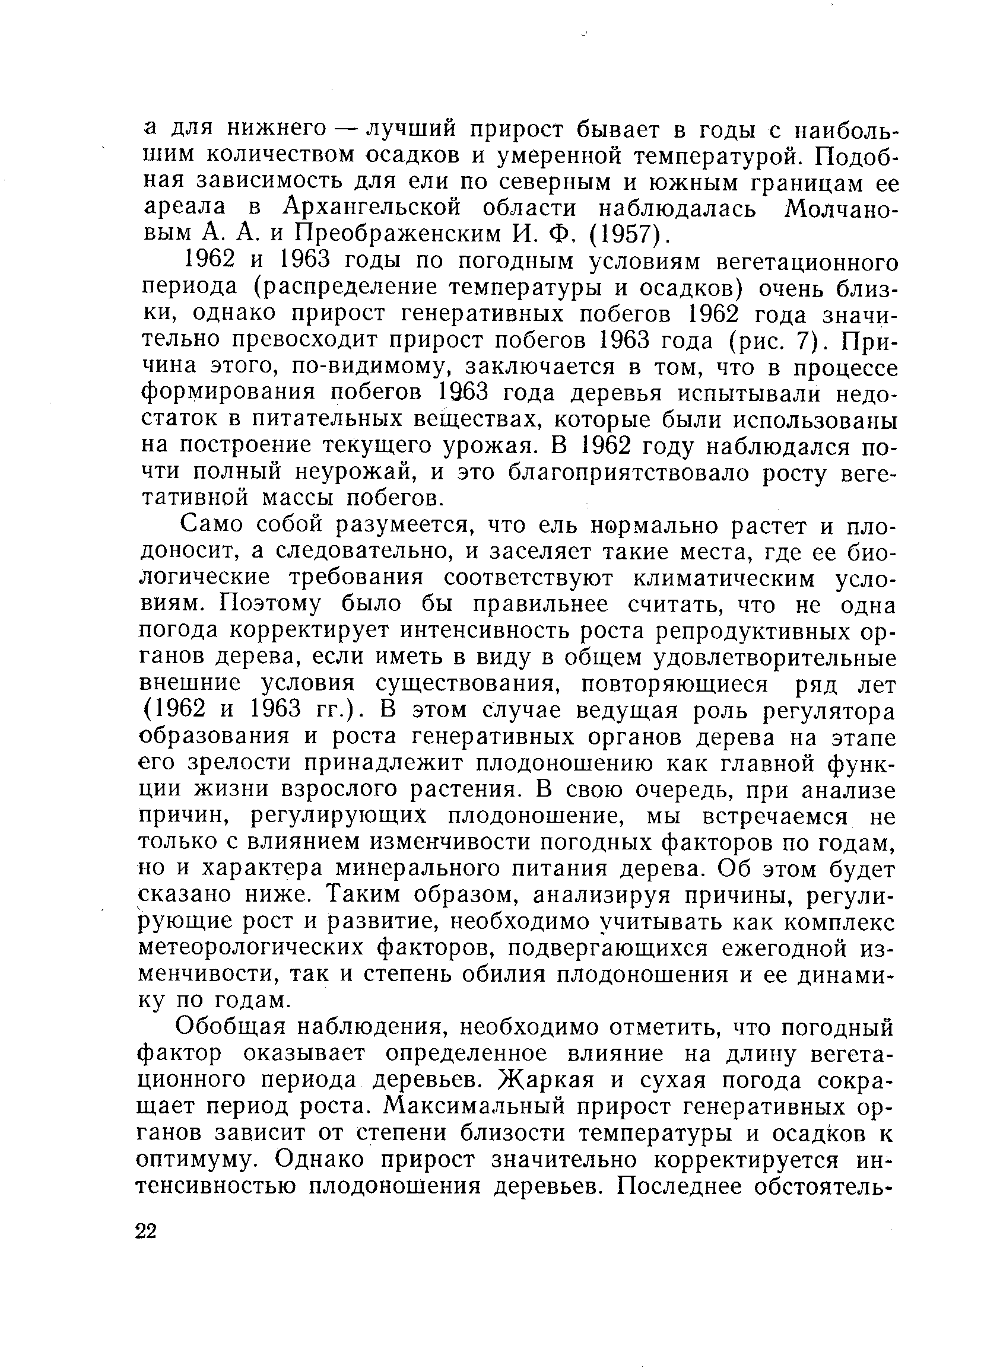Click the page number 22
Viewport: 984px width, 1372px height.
(146, 1231)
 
